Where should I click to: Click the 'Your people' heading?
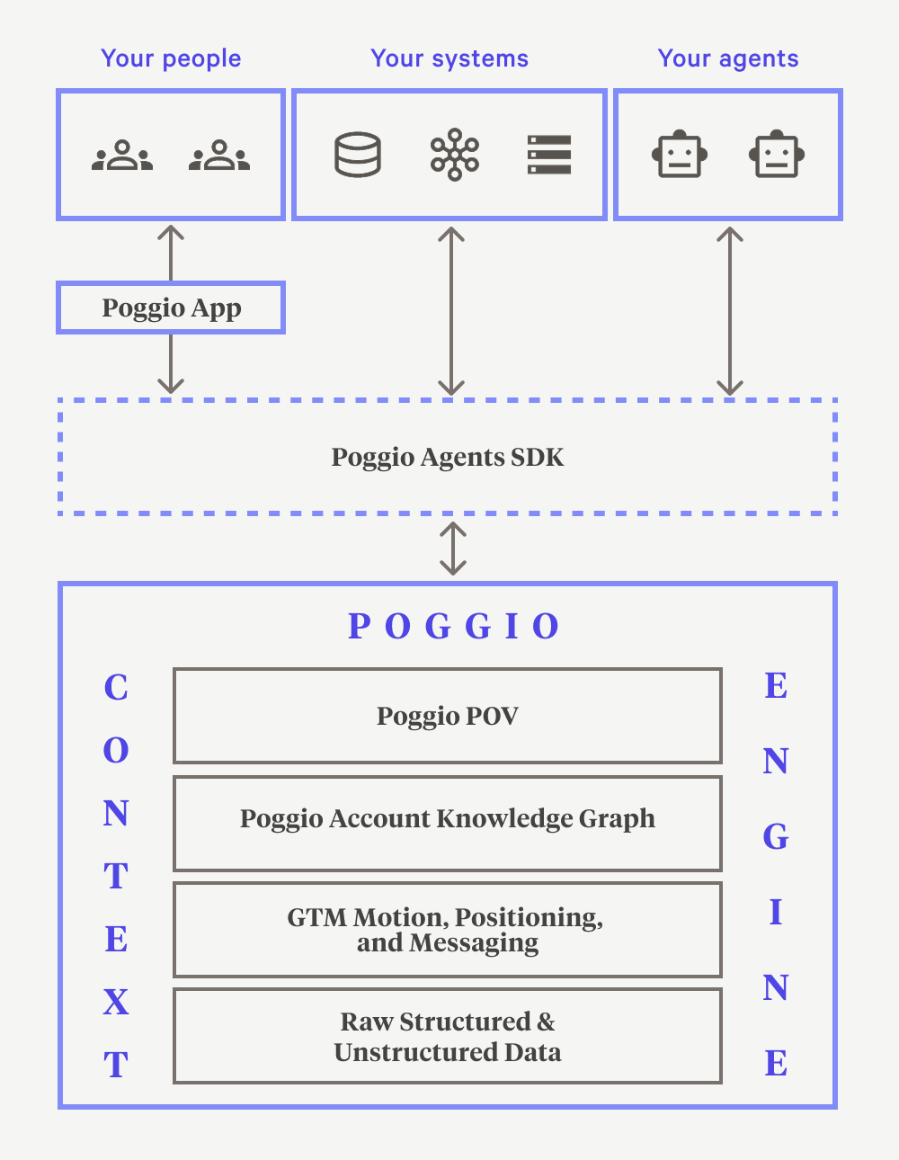[171, 58]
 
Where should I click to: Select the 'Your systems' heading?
[449, 58]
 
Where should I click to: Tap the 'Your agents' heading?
[728, 58]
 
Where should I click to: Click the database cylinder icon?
[358, 155]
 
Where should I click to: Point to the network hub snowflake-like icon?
[455, 155]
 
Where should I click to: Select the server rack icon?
[549, 155]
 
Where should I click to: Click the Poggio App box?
[171, 308]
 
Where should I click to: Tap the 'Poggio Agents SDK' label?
[448, 457]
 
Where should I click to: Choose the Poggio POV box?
[448, 716]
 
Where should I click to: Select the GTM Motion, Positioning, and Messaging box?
[448, 930]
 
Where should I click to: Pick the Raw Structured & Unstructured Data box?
[448, 1036]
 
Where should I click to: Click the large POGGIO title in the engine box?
[454, 626]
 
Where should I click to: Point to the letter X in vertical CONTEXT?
[116, 1002]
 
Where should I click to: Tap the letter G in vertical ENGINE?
[776, 837]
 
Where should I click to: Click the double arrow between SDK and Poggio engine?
[453, 549]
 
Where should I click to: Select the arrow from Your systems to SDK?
[451, 311]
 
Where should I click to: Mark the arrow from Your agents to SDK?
[730, 311]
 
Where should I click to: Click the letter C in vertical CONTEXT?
[116, 688]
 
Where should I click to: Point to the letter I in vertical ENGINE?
[776, 913]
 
